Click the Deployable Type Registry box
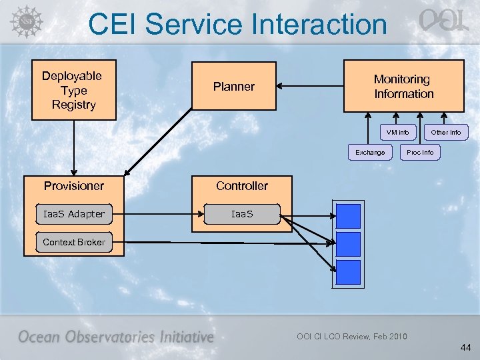(x=73, y=91)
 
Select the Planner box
(x=233, y=86)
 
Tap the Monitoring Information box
(x=403, y=87)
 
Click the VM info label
(x=398, y=132)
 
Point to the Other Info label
(x=445, y=132)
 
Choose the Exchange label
(x=370, y=152)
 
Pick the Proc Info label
(x=420, y=152)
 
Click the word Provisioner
(x=73, y=185)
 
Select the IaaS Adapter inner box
(x=73, y=214)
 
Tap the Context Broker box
(x=73, y=242)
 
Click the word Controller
(x=241, y=185)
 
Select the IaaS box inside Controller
(x=241, y=214)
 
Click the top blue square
(x=348, y=216)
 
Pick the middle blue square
(x=348, y=244)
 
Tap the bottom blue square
(x=348, y=272)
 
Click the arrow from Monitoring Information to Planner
(x=310, y=86)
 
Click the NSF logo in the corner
(x=25, y=21)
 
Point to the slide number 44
(x=465, y=347)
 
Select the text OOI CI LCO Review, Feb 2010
(x=351, y=336)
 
